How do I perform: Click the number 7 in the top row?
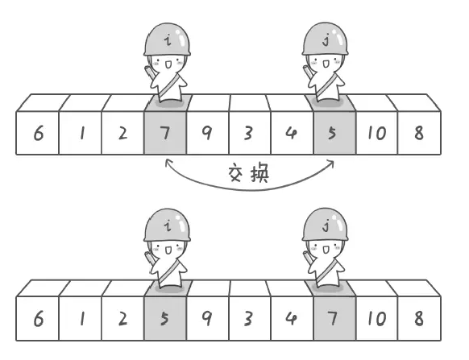[x=165, y=133]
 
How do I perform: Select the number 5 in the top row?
[x=332, y=133]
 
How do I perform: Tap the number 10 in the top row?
[x=377, y=133]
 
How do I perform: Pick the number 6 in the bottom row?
[x=39, y=319]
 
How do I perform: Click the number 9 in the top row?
[x=206, y=133]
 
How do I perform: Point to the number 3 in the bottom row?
[x=248, y=319]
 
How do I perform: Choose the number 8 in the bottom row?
[x=419, y=319]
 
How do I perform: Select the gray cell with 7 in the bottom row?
[x=334, y=318]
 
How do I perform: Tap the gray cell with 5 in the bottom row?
[x=165, y=318]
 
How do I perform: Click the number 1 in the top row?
[x=82, y=133]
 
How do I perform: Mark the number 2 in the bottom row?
[x=122, y=319]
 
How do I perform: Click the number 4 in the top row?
[x=291, y=133]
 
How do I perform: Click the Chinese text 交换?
[x=248, y=173]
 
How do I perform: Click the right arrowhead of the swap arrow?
[x=331, y=163]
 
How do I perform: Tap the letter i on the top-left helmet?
[x=168, y=39]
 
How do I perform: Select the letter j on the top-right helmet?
[x=326, y=39]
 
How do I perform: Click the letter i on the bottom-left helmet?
[x=168, y=226]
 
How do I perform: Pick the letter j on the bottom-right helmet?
[x=326, y=226]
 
